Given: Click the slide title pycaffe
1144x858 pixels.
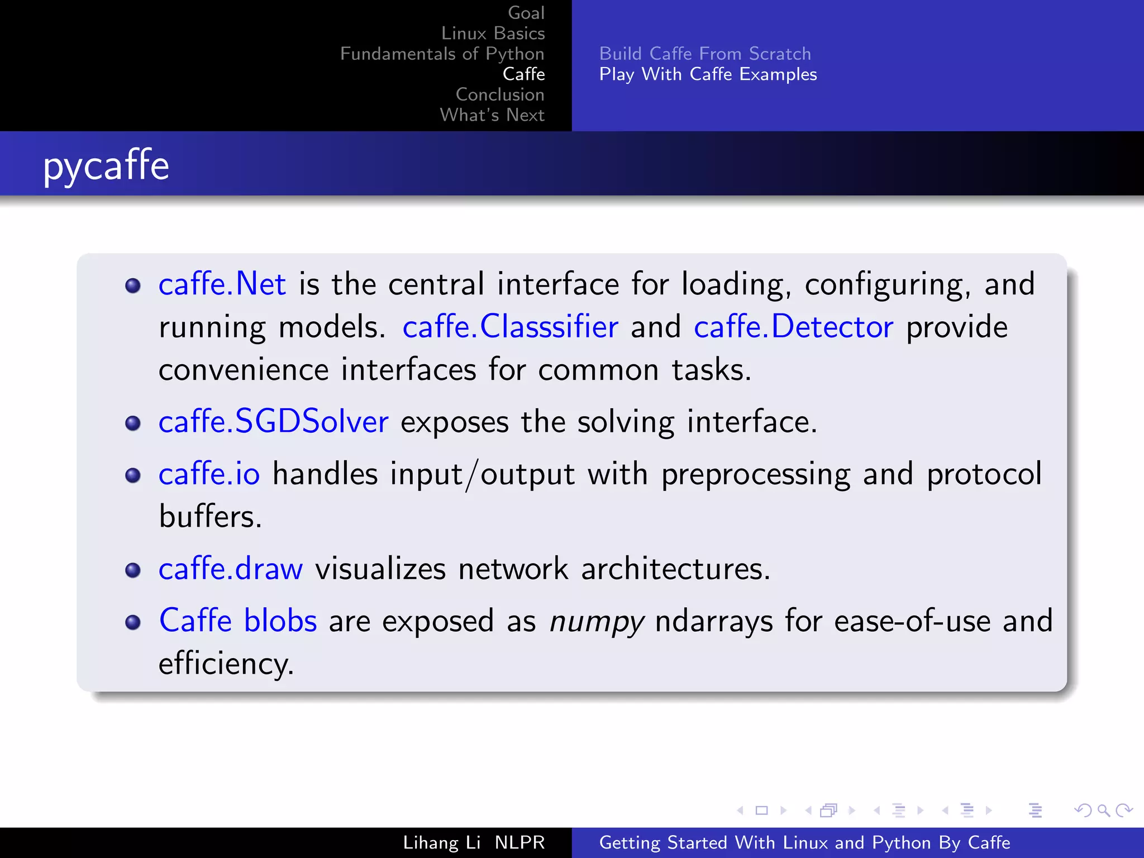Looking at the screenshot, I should pos(106,166).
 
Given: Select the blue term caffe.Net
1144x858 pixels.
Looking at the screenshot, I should pos(222,284).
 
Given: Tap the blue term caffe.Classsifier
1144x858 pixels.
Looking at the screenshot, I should pos(510,327).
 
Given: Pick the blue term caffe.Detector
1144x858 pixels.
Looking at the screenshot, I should pos(793,327).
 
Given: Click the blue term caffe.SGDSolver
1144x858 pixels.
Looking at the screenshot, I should pos(273,422).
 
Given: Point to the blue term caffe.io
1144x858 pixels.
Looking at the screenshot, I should pos(209,474).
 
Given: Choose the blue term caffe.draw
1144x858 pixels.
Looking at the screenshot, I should pos(230,569).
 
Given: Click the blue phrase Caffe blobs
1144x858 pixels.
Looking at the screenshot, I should pos(238,621).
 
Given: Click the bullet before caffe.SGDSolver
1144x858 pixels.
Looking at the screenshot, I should pos(133,423).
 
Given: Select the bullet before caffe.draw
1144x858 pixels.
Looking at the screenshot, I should pos(133,570).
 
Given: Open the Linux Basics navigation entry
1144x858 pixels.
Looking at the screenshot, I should pos(493,34).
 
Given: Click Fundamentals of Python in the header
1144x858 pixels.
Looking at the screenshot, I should pos(442,54).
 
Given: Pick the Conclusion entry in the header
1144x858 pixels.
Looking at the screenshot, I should pos(499,94).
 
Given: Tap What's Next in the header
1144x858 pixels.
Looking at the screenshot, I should pos(492,115).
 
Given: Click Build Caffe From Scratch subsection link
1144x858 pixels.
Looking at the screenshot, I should pos(705,54).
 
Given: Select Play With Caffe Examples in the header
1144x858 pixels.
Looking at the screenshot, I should pos(708,74).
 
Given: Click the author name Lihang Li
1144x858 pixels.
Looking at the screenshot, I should pos(441,842).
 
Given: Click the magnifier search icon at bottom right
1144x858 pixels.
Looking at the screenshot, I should pos(1103,811).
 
